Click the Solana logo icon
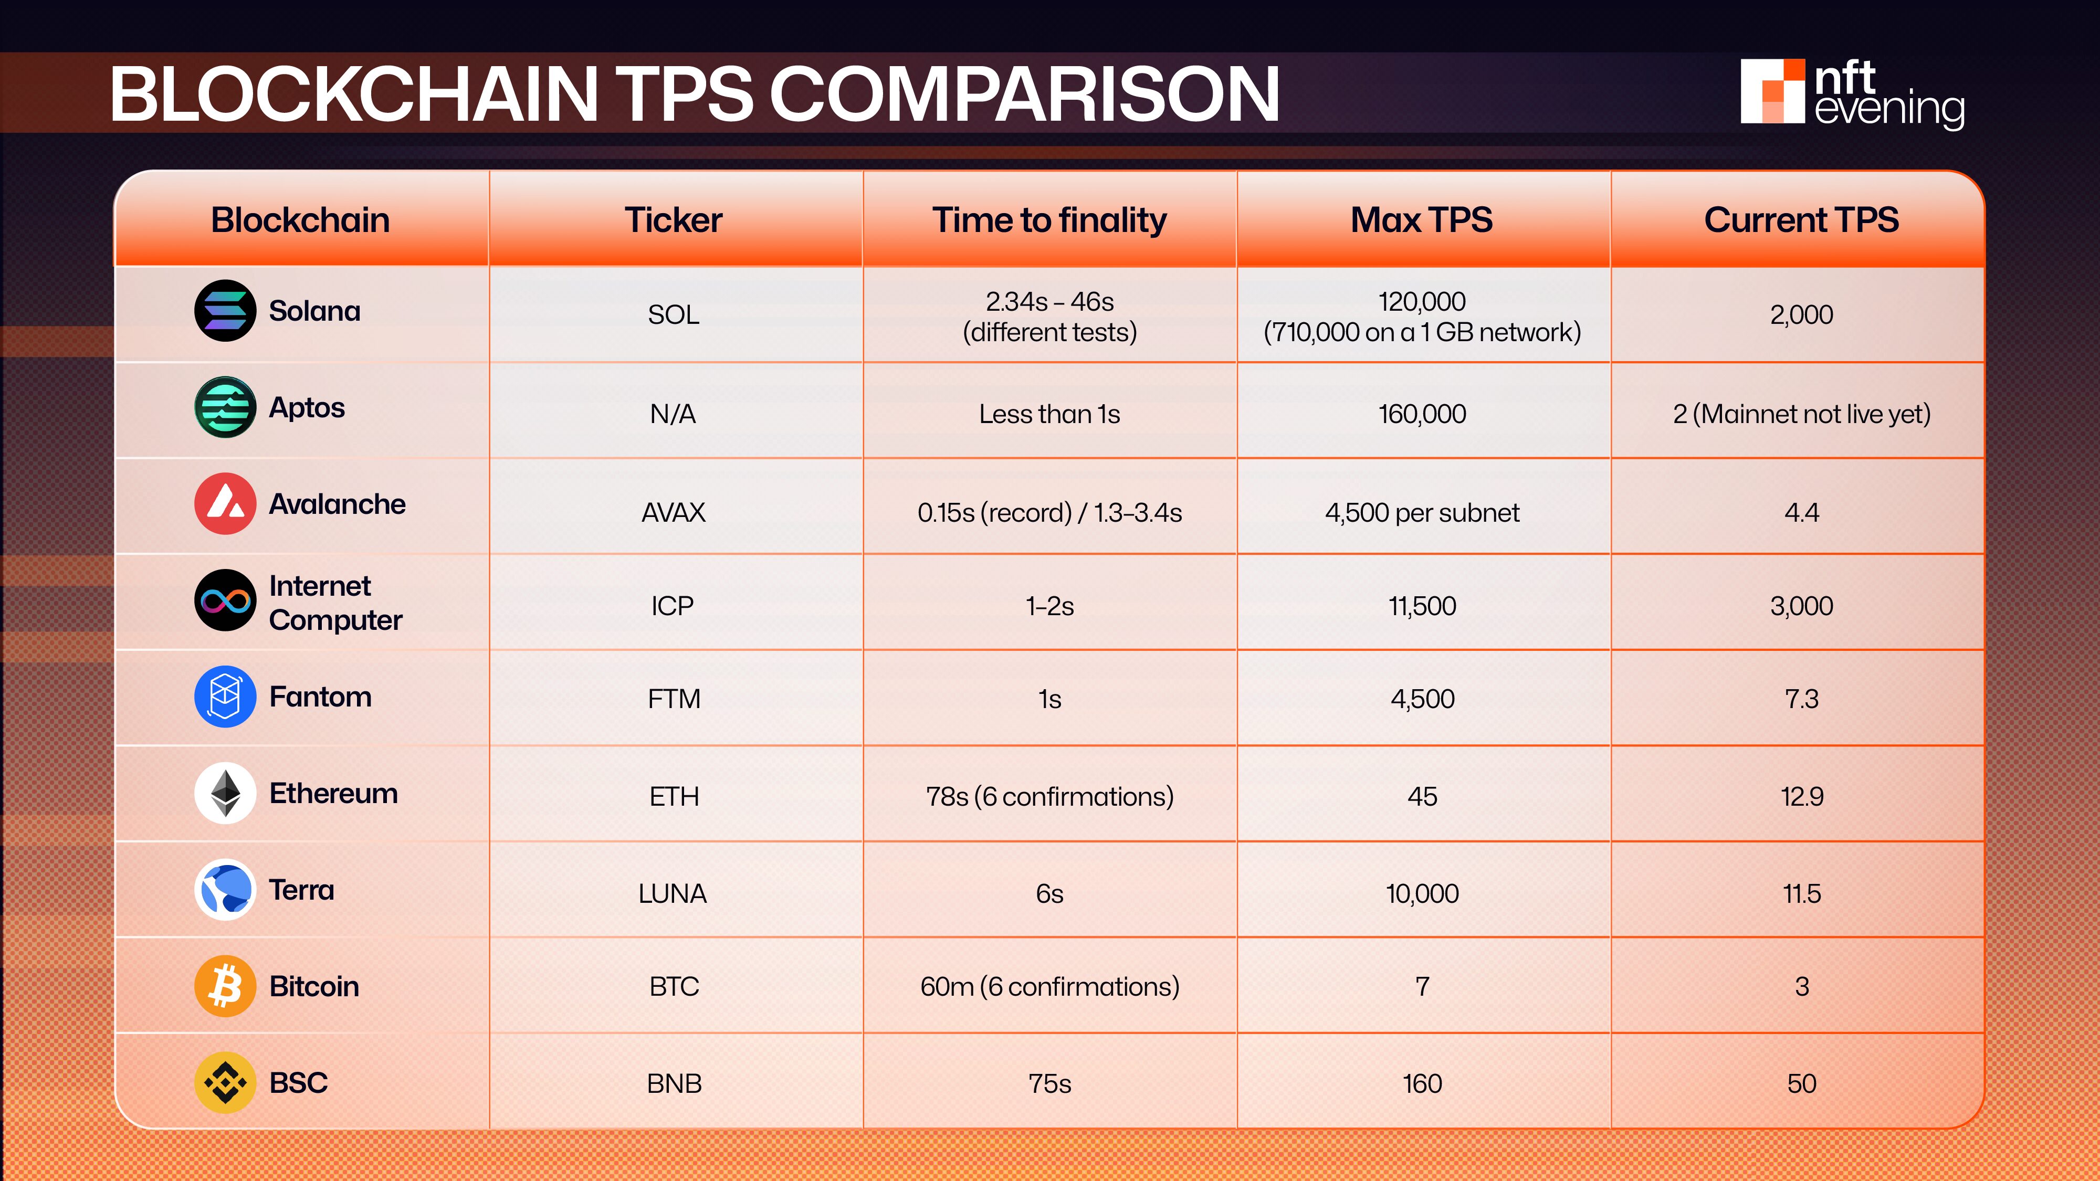[225, 311]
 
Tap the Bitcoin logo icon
[225, 986]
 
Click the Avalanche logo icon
[225, 504]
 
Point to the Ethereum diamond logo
[225, 793]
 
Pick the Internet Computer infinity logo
[225, 600]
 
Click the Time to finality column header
[1049, 220]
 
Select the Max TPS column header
[1422, 220]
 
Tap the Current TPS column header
[1801, 220]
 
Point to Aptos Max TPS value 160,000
[1422, 414]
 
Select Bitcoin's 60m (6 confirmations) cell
[1049, 987]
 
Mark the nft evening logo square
[1772, 91]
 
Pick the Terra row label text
[302, 890]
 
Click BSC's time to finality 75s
[1049, 1084]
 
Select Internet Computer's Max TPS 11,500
[1422, 606]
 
